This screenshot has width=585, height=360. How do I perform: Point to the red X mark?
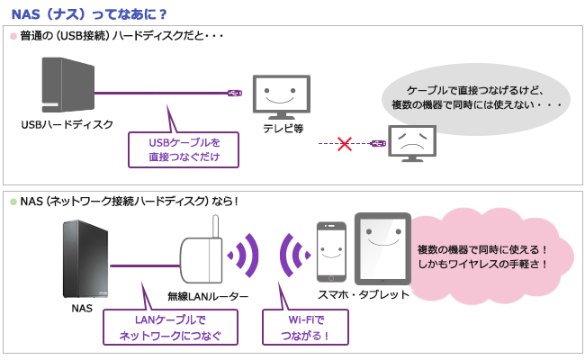[x=343, y=143]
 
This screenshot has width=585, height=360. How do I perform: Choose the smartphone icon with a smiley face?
[x=330, y=253]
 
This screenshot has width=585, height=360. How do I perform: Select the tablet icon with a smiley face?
[x=382, y=249]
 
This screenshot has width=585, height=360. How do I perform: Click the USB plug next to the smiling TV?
[x=233, y=93]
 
